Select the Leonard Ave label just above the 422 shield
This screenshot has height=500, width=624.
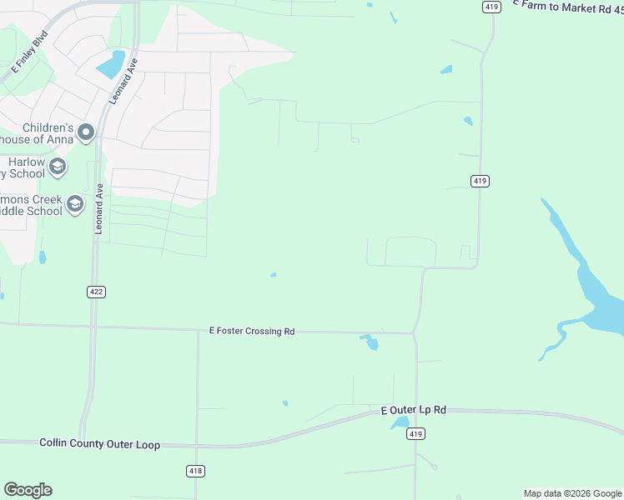(98, 208)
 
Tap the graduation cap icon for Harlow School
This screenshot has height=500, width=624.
(58, 167)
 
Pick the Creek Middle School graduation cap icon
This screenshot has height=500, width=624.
(75, 204)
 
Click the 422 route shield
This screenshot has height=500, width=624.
(95, 292)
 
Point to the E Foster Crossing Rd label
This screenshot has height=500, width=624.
(251, 331)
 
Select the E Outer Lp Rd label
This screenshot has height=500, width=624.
(414, 410)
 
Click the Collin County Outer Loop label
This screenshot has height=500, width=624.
(99, 444)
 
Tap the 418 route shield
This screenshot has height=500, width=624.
(195, 471)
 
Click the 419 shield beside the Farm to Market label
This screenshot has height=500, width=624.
(491, 7)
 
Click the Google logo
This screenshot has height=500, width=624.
(28, 490)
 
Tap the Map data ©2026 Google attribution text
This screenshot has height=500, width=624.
(571, 493)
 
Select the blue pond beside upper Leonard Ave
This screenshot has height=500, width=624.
(110, 64)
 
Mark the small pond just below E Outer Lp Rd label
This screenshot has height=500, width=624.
(400, 423)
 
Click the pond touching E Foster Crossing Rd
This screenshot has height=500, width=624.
(370, 341)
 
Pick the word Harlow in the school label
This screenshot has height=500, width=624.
(26, 161)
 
